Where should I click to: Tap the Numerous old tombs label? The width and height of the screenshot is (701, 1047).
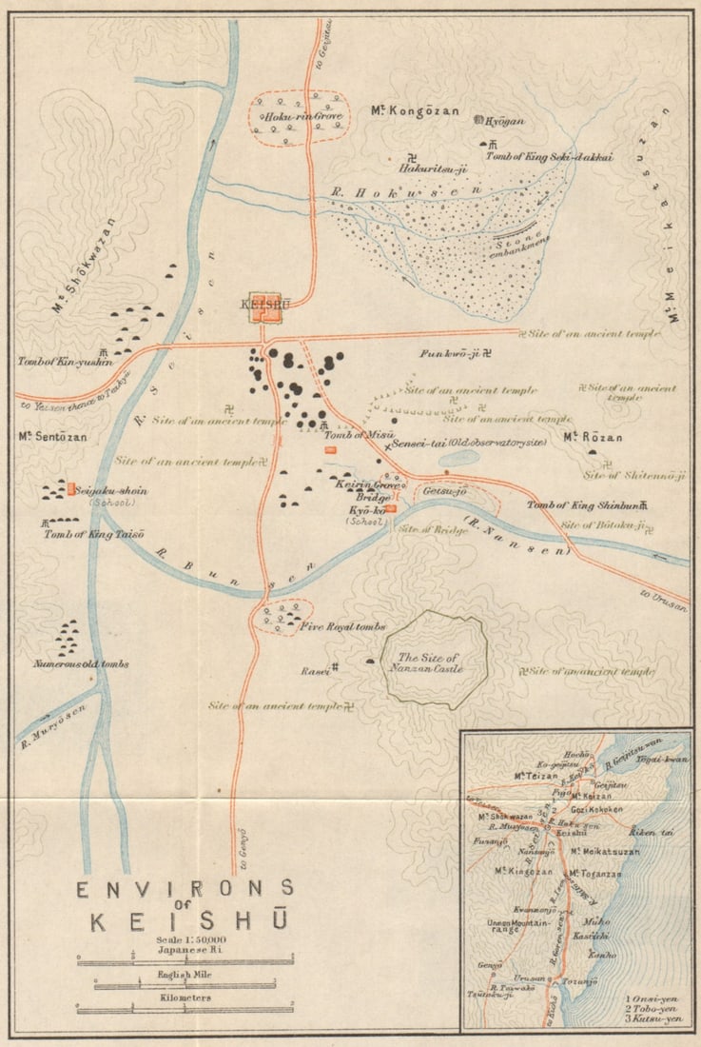[80, 663]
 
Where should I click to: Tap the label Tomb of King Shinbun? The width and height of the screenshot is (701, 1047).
[581, 505]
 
